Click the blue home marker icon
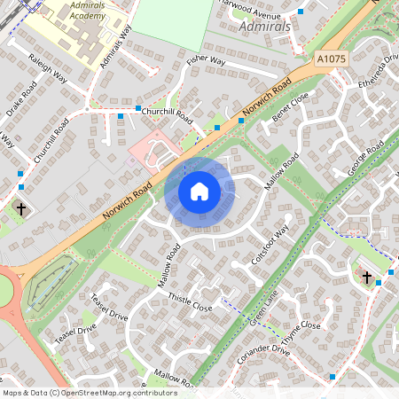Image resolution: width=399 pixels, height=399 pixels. click(199, 191)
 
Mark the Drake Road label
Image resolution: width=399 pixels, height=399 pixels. click(20, 101)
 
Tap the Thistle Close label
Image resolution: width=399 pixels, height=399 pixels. click(191, 301)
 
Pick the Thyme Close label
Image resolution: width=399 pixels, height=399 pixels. click(301, 332)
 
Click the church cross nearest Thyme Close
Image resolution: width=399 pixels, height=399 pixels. click(366, 278)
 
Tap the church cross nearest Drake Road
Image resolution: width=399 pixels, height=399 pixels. click(21, 209)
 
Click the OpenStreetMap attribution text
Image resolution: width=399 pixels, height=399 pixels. click(89, 392)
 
